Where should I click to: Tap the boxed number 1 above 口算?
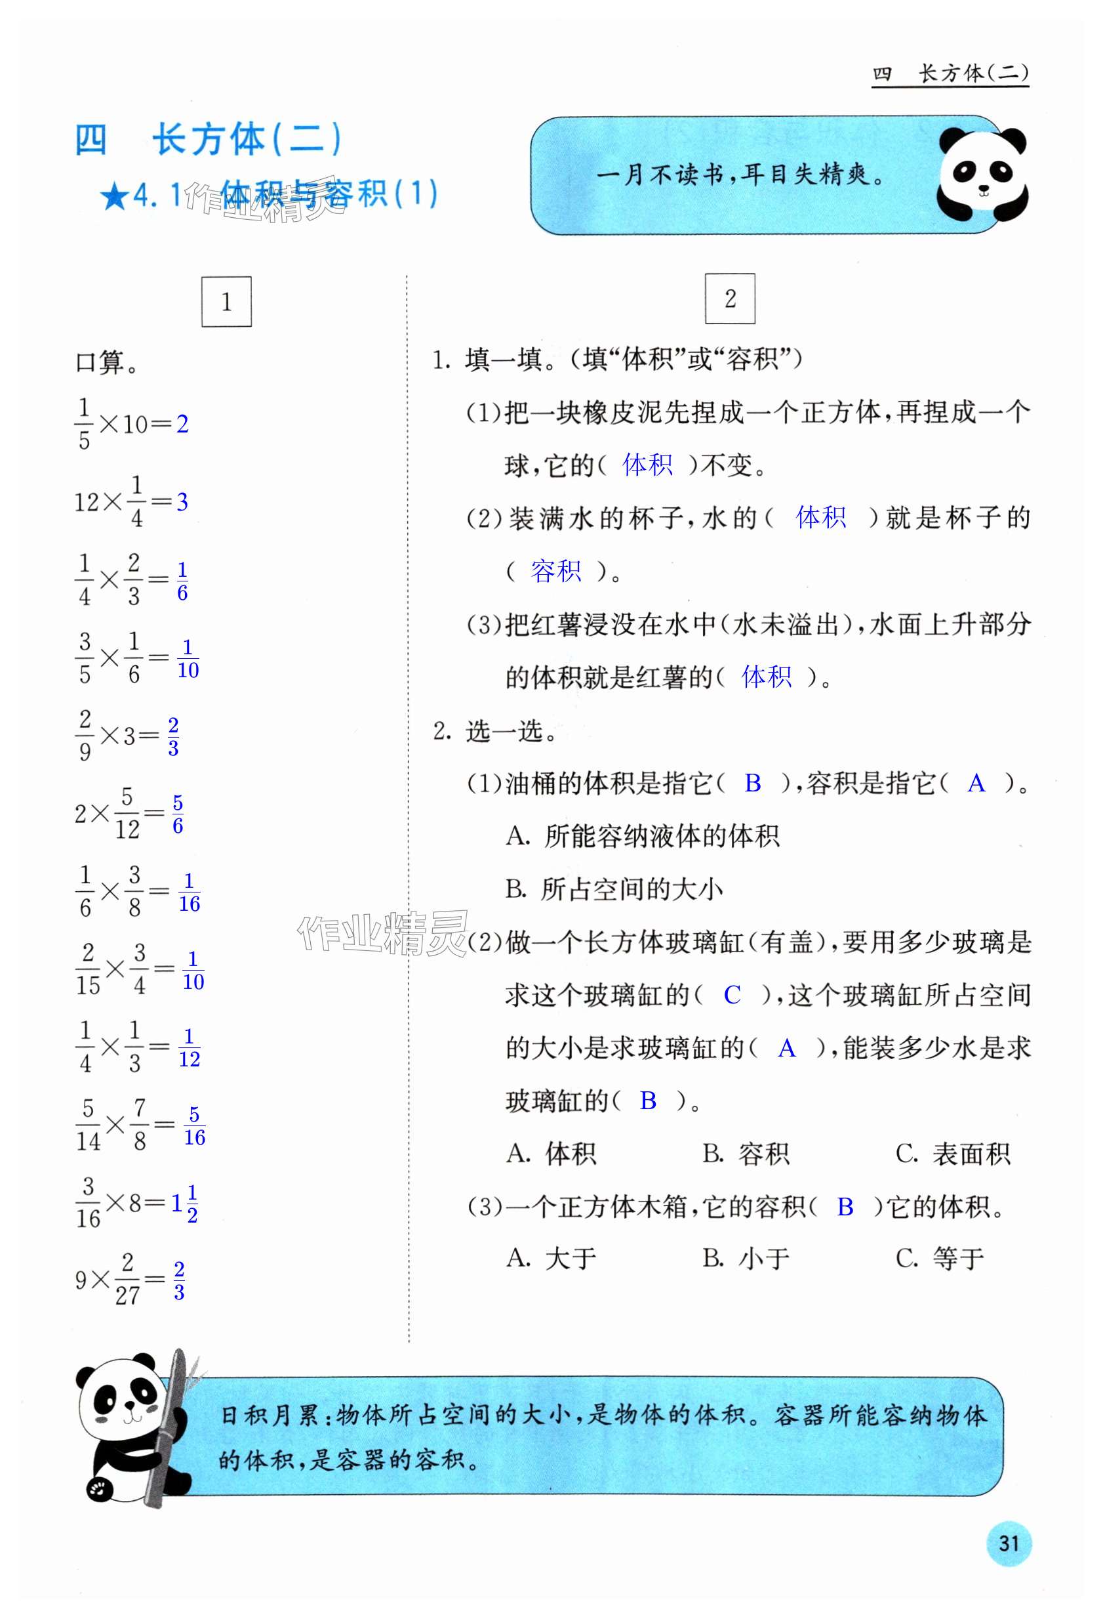point(226,302)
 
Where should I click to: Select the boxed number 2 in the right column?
point(729,299)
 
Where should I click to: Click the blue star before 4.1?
point(113,197)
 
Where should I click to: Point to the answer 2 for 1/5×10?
point(182,424)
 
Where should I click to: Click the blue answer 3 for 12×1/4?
point(182,501)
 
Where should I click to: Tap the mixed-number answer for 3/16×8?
point(185,1204)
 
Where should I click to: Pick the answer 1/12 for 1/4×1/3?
point(189,1049)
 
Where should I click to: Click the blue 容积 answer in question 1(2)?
point(555,571)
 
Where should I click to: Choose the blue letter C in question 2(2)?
point(732,996)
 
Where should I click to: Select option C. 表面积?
point(952,1154)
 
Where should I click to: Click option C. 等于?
point(940,1258)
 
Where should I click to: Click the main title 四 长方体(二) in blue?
point(208,140)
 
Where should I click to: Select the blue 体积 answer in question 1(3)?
point(767,677)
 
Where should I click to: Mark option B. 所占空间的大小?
point(614,889)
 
